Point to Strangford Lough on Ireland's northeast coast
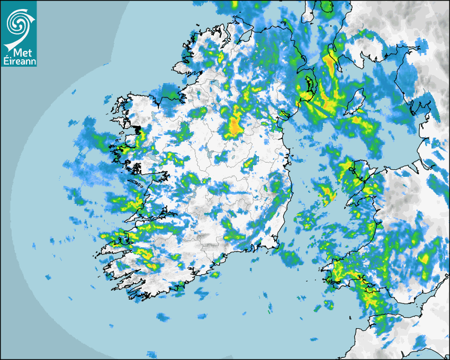[308, 85]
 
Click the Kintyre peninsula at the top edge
[310, 13]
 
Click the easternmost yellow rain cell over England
[424, 259]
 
